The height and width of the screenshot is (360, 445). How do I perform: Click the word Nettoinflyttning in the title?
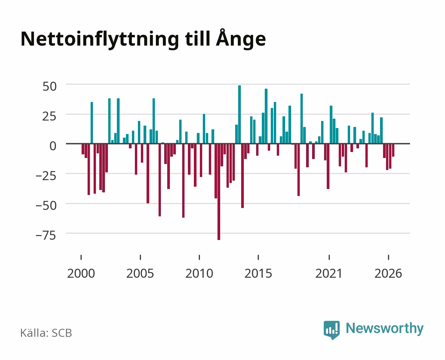point(100,40)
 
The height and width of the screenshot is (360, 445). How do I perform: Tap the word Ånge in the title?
point(241,38)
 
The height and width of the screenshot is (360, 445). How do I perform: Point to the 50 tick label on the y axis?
point(50,86)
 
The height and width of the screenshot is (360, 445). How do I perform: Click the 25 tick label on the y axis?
point(49,116)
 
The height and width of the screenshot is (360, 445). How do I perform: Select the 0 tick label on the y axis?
point(53,146)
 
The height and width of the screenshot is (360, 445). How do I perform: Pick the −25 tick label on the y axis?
point(46,176)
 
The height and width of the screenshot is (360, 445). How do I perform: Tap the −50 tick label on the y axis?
point(46,206)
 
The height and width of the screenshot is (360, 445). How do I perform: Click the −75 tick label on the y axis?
point(46,235)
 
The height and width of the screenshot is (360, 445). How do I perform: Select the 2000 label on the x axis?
point(81,273)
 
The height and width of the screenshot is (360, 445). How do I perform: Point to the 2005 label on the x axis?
point(140,273)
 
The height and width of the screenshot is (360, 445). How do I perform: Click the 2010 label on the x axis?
point(199,273)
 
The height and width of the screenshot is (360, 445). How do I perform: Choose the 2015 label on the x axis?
point(258,273)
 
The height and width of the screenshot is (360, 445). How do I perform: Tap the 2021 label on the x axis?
point(329,273)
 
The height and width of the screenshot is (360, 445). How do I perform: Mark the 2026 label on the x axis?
point(388,273)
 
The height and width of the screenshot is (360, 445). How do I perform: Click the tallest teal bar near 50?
point(239,114)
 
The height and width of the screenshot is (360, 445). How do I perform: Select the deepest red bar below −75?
point(219,192)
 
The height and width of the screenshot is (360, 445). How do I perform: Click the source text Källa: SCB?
point(46,333)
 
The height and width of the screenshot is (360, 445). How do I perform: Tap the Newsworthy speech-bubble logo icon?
point(332,330)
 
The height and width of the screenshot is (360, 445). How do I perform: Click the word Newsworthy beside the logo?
point(385,328)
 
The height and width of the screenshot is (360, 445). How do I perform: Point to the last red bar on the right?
point(393,150)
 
